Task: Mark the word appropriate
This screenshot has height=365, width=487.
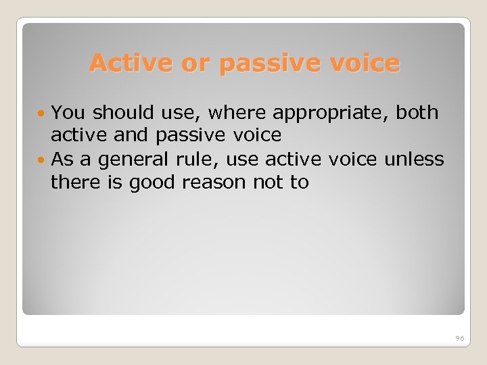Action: (x=330, y=114)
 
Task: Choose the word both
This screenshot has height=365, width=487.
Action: (x=417, y=112)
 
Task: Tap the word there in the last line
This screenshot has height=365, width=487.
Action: (x=72, y=182)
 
